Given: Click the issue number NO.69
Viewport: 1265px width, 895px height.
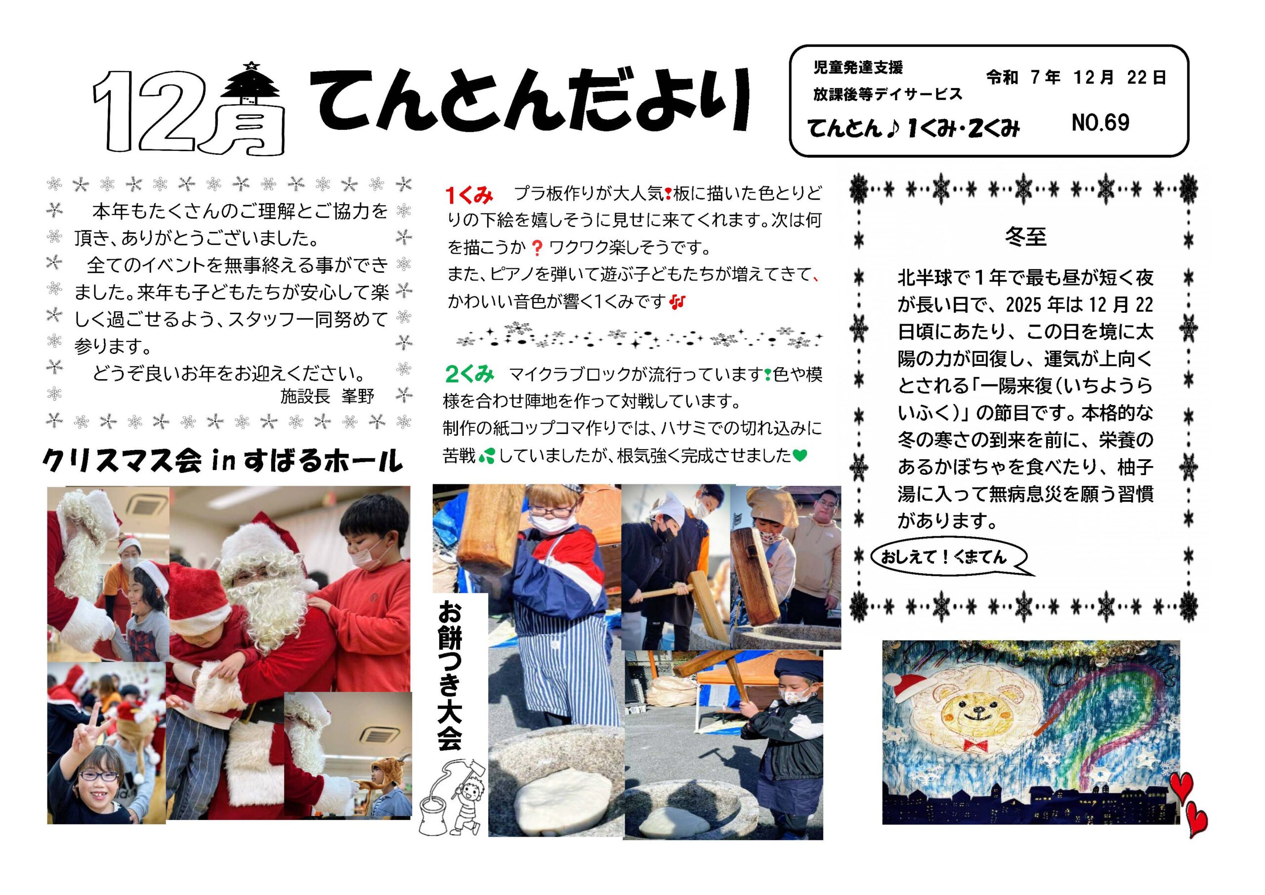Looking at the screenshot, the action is click(x=1100, y=123).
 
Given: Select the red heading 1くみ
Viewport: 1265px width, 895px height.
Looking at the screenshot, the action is click(x=469, y=195).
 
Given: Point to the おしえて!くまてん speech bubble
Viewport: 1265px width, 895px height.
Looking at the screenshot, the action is click(x=948, y=558).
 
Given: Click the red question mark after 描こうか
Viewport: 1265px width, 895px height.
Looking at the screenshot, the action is click(x=537, y=248).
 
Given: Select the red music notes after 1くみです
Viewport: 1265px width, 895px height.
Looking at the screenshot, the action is click(x=677, y=302).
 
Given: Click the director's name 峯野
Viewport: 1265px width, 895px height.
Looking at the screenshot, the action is click(x=358, y=396).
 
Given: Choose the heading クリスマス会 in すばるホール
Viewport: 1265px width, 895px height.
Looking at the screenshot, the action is click(x=222, y=461).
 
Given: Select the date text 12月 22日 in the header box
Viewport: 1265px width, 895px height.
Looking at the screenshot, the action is click(x=1120, y=78).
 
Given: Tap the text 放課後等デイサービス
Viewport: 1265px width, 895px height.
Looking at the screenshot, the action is click(x=887, y=94).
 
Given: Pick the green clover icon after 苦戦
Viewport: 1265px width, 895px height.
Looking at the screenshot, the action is click(x=487, y=456).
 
